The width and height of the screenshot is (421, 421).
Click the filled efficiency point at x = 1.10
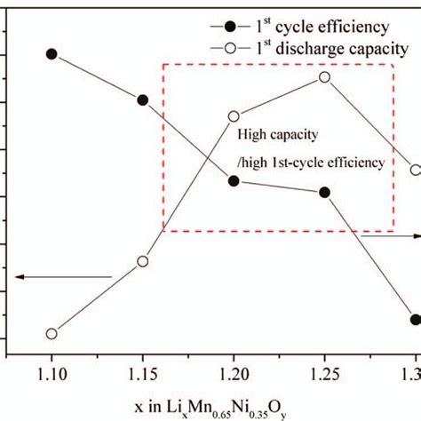(52, 54)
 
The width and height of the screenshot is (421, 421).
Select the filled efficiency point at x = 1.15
(142, 99)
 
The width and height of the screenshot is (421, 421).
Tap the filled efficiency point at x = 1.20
(234, 180)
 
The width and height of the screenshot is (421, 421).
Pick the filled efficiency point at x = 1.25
(324, 192)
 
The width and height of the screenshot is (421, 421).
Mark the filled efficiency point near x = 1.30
(415, 319)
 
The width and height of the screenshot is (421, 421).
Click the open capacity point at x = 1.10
(52, 334)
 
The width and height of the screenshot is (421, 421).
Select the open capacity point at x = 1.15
(142, 261)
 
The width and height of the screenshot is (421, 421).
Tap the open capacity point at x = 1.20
(234, 116)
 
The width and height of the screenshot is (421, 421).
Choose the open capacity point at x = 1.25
(324, 77)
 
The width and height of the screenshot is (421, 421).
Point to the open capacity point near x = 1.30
(415, 170)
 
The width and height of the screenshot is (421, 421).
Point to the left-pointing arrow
(62, 277)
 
